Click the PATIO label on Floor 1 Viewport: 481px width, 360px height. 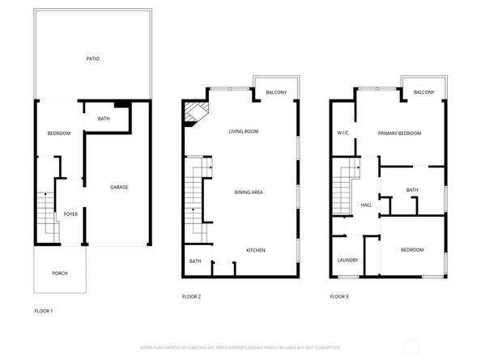click(93, 59)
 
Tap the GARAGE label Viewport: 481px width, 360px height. click(119, 188)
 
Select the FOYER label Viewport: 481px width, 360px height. click(70, 214)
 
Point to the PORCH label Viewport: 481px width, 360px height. click(60, 273)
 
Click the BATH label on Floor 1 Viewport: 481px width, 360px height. click(104, 119)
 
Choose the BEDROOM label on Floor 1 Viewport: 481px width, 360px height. click(59, 133)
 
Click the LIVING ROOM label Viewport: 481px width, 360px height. click(243, 131)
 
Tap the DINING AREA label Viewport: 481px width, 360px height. click(248, 193)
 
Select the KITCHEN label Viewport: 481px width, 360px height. click(256, 250)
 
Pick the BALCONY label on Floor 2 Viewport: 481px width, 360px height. click(276, 93)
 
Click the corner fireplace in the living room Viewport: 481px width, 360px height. click(194, 113)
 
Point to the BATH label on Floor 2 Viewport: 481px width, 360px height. click(195, 260)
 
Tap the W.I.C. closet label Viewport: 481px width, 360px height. click(343, 133)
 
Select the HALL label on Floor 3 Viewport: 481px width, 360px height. click(366, 205)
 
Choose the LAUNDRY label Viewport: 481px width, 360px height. click(347, 260)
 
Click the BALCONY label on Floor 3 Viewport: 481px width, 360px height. click(424, 93)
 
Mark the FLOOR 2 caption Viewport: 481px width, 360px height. click(191, 297)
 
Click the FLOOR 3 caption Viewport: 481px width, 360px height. click(338, 297)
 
